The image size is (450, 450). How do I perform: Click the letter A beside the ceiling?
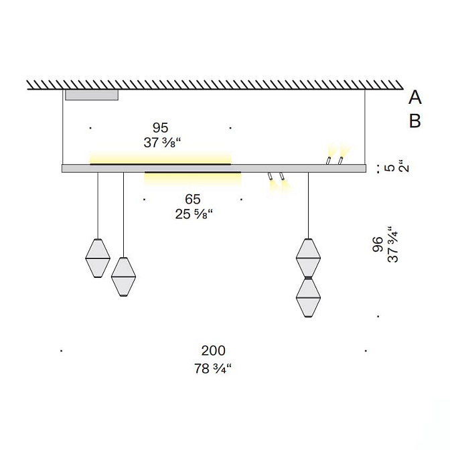click(x=415, y=97)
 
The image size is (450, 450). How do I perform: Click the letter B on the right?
click(x=415, y=121)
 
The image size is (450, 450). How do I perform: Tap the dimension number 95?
click(x=161, y=128)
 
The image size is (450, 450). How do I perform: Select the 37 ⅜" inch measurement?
click(x=163, y=143)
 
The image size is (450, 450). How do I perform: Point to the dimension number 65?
click(x=193, y=199)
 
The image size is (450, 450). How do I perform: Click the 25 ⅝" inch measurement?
click(x=194, y=214)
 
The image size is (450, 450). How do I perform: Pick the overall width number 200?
click(x=213, y=351)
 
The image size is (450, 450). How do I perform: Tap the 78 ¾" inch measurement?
click(x=213, y=368)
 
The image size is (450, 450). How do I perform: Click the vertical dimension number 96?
click(x=378, y=244)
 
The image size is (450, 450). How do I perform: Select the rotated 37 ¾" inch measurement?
click(x=393, y=244)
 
